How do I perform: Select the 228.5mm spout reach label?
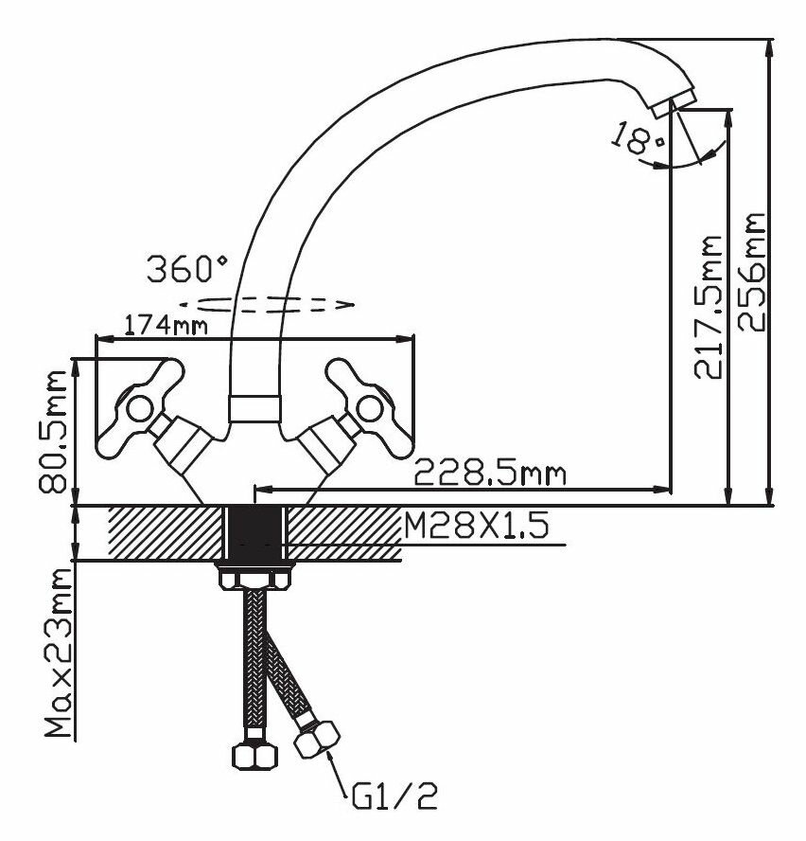click(x=490, y=471)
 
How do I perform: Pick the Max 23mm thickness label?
click(x=57, y=653)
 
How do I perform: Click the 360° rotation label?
click(x=186, y=269)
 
